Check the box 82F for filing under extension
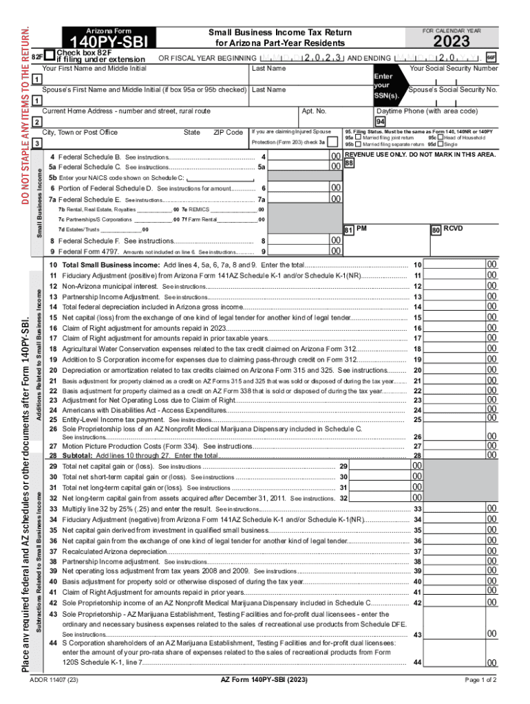point(49,54)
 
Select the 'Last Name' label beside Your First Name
point(268,69)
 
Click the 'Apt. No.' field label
point(314,111)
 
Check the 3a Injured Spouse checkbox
point(333,142)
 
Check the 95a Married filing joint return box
point(358,137)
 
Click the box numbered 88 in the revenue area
point(349,164)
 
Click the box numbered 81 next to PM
point(349,228)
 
